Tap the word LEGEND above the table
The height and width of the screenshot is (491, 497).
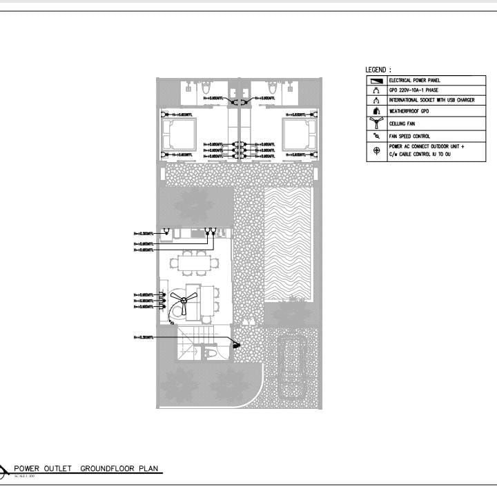378,70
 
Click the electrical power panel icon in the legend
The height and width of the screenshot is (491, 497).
376,81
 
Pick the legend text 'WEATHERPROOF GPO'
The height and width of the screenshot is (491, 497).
409,110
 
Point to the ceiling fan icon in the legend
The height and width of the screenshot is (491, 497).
376,123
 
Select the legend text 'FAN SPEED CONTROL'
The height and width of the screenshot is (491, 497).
409,137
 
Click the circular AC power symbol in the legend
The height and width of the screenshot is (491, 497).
376,151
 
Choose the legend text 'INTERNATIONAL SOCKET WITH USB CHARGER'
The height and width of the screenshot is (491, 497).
431,100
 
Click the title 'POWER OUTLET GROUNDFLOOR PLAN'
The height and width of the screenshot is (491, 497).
86,469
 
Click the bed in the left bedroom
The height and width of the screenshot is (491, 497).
179,134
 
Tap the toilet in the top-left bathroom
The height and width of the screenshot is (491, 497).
205,89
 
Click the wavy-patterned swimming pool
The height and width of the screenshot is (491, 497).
288,245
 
